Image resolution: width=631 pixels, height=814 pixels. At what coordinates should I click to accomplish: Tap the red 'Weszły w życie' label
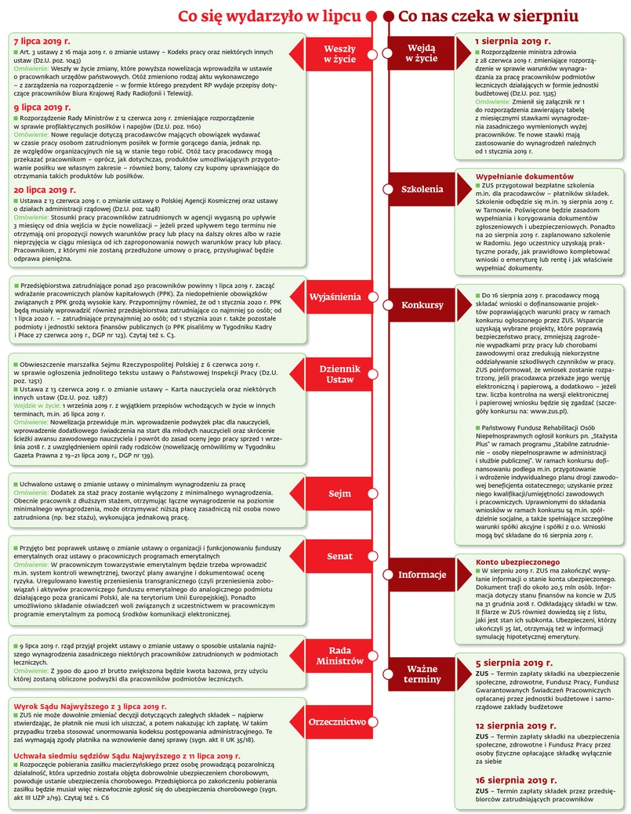[x=339, y=53]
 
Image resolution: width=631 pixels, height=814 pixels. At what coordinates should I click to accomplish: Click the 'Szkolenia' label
[x=422, y=189]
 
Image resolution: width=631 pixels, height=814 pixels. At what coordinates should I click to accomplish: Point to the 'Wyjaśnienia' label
[x=335, y=297]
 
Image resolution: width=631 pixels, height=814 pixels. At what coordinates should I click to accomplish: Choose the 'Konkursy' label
[x=422, y=305]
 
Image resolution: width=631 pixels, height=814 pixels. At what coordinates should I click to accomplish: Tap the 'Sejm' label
[x=339, y=494]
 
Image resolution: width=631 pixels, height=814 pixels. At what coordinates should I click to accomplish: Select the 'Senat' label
[x=339, y=556]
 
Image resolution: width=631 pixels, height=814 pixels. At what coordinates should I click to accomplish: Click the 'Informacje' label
[x=422, y=575]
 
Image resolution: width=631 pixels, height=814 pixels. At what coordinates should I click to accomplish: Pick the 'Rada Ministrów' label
[x=339, y=656]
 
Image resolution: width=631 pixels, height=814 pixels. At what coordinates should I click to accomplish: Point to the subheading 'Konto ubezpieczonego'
[x=517, y=561]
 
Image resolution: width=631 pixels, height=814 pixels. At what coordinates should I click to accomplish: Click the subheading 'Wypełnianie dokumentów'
[x=520, y=176]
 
